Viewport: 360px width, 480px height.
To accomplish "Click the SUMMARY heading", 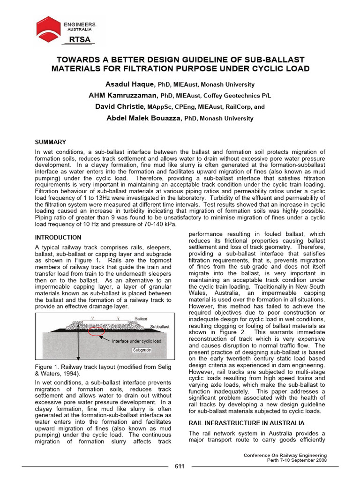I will pos(51,142).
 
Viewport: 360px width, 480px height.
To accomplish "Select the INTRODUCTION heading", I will pos(58,238).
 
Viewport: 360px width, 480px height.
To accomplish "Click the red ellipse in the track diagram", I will pos(96,332).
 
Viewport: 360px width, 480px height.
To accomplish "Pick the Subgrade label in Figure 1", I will pos(141,350).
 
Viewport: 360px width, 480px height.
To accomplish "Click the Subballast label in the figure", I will pos(160,326).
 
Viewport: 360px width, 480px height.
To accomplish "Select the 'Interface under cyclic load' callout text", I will pos(136,341).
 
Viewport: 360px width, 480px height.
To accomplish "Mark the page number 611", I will pos(180,466).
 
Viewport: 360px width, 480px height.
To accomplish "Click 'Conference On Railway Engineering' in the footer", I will pos(285,455).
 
